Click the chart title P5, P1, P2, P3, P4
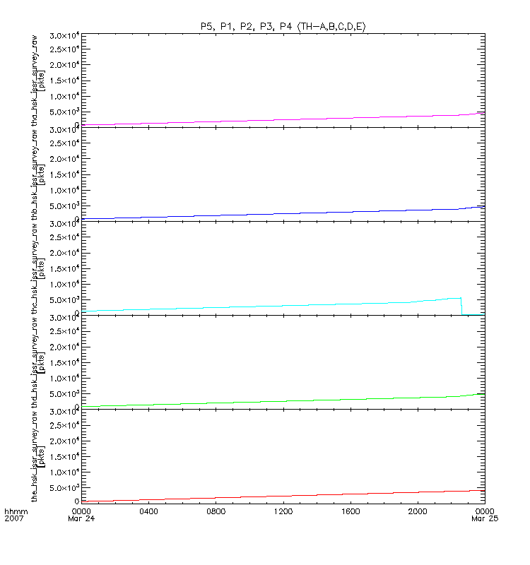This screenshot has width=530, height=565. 283,26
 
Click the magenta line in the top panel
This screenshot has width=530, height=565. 283,119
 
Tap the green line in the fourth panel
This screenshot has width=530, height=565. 283,400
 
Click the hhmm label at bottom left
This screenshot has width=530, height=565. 14,511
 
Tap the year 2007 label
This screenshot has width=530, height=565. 14,519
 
